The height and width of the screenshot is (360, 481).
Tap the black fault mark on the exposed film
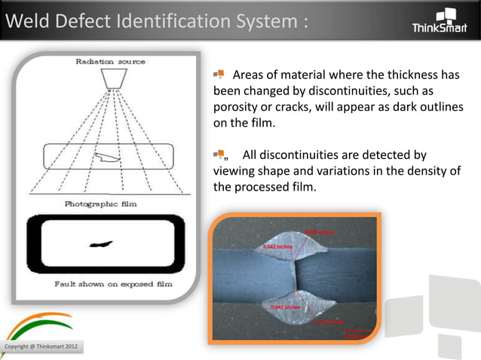[101, 244]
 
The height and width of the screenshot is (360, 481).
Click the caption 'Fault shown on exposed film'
[114, 285]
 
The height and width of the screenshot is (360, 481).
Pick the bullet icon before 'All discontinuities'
[219, 155]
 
